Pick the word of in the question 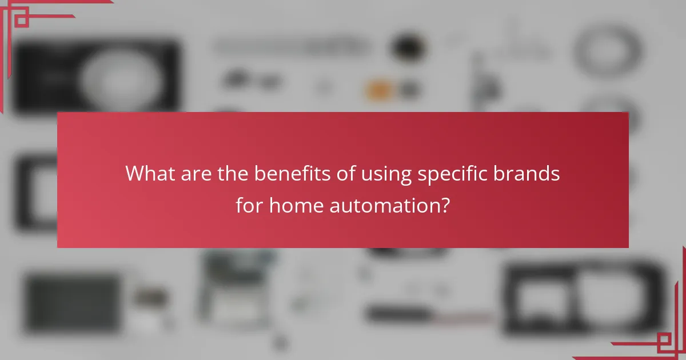coord(344,174)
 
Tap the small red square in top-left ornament coord(21,21)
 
